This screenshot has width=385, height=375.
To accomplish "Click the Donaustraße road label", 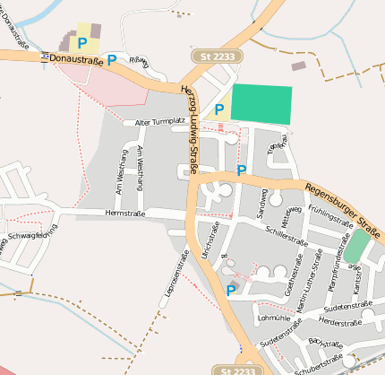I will (76, 57).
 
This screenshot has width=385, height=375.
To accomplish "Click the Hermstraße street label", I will (124, 214).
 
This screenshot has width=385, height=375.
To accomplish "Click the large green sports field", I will (261, 105).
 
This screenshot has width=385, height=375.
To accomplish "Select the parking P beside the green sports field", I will (218, 109).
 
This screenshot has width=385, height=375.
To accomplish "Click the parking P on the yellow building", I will (82, 42).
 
